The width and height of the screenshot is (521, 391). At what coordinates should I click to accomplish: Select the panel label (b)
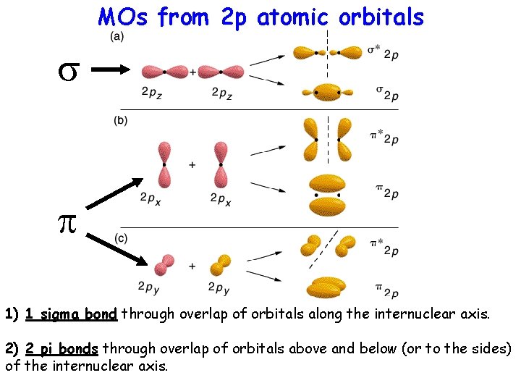click(x=120, y=121)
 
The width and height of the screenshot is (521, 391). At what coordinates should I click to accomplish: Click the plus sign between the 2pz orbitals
click(x=192, y=72)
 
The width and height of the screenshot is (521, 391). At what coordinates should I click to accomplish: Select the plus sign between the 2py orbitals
click(x=192, y=266)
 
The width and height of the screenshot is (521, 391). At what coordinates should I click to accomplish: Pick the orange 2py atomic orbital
click(x=221, y=264)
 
